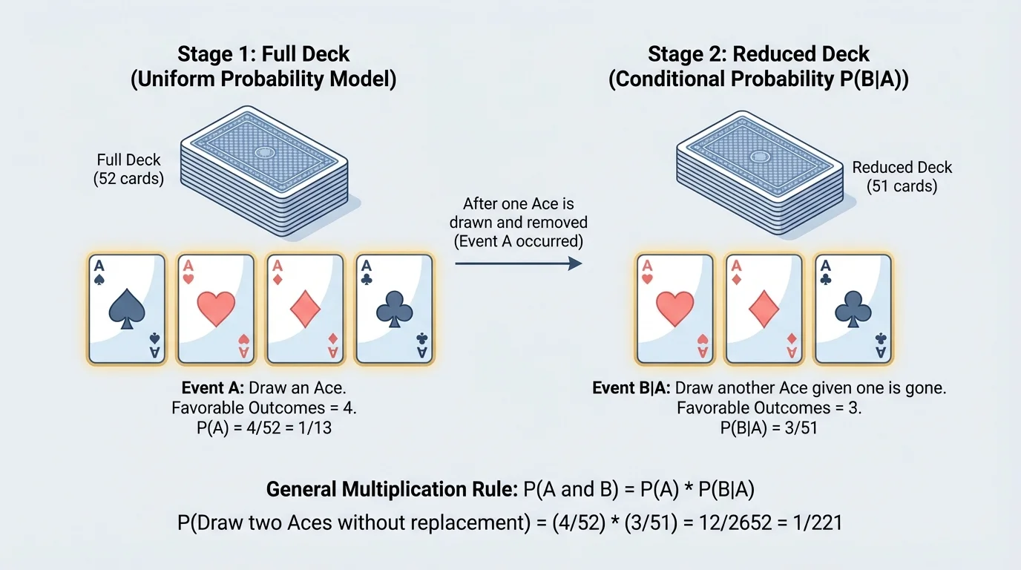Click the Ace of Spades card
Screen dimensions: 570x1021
pyautogui.click(x=126, y=309)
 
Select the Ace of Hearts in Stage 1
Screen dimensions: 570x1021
pyautogui.click(x=215, y=309)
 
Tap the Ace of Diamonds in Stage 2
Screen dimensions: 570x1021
pyautogui.click(x=764, y=309)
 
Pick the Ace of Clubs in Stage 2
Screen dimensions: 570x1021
pyautogui.click(x=853, y=309)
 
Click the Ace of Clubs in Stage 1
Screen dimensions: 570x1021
pyautogui.click(x=394, y=309)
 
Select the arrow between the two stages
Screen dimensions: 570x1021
pyautogui.click(x=518, y=263)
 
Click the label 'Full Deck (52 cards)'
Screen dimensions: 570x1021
pyautogui.click(x=130, y=169)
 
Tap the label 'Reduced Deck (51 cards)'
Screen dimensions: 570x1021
pyautogui.click(x=902, y=177)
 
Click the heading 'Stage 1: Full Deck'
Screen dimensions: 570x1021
pyautogui.click(x=263, y=54)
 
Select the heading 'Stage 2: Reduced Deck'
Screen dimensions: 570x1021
pyautogui.click(x=758, y=54)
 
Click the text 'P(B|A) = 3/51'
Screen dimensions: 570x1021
pyautogui.click(x=769, y=428)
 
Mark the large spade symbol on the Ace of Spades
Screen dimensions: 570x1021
pyautogui.click(x=126, y=309)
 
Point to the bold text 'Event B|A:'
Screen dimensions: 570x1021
pyautogui.click(x=631, y=388)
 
